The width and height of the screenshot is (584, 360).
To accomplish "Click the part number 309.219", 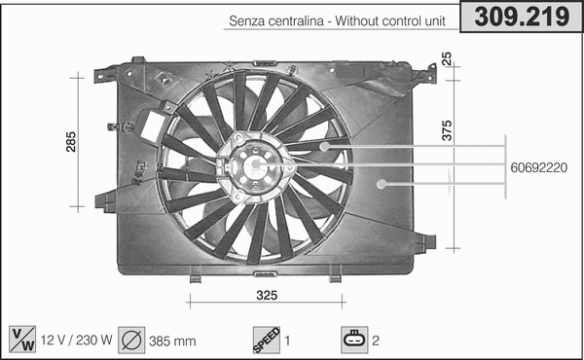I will (x=521, y=17).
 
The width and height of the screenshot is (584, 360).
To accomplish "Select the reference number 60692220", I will (x=538, y=166).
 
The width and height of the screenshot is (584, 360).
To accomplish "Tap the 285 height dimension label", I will (x=70, y=142).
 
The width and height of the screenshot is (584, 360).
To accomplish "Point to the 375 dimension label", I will (x=447, y=130).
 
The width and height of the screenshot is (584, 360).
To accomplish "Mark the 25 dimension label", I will (x=447, y=58).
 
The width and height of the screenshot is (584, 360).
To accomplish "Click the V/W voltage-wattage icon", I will (x=20, y=340).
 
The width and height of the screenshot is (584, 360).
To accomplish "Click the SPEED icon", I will (x=266, y=340).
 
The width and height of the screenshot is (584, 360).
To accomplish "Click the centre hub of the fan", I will (x=254, y=166).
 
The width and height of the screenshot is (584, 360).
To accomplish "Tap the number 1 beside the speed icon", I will (x=287, y=341).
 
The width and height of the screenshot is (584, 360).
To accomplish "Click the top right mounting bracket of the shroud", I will (x=423, y=73).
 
